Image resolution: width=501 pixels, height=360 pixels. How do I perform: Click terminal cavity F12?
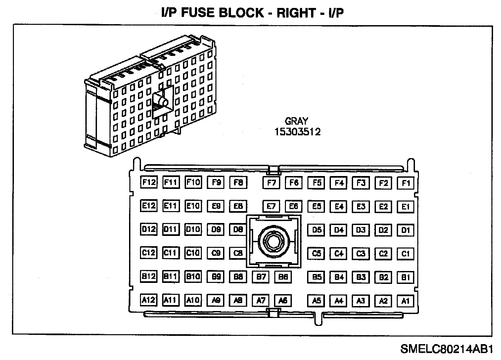(x=149, y=182)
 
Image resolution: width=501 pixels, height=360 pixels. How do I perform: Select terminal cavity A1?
(x=405, y=301)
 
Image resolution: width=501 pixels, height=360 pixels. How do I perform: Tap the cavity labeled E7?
(x=271, y=206)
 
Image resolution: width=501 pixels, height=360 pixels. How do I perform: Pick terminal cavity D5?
(x=317, y=230)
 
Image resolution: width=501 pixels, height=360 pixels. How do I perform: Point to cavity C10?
(x=193, y=253)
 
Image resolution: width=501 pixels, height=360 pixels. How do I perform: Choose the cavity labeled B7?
(x=261, y=277)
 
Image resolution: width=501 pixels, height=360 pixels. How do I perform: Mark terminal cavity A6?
(x=283, y=300)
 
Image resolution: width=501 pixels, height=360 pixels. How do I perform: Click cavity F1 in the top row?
(x=405, y=183)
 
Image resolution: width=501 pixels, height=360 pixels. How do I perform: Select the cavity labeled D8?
(x=238, y=229)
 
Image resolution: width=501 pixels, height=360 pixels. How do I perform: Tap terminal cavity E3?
(x=361, y=206)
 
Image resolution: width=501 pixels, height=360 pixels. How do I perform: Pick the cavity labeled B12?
(x=149, y=276)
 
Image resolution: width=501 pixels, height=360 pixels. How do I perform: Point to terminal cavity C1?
(x=405, y=254)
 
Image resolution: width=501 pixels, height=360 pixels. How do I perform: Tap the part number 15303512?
(x=297, y=132)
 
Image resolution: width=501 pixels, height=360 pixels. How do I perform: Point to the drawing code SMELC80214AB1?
(x=447, y=349)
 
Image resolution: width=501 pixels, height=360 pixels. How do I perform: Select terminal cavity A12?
(x=149, y=300)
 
